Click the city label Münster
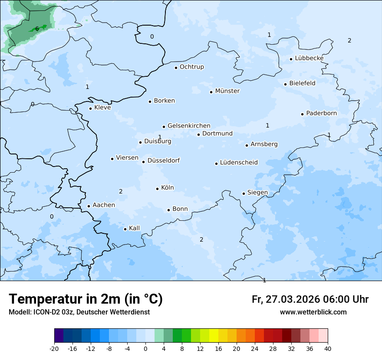click(227, 91)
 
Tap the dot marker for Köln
click(158, 189)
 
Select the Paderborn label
click(321, 113)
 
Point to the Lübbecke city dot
click(291, 59)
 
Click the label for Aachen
click(104, 205)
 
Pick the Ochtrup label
click(191, 67)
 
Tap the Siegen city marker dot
click(244, 193)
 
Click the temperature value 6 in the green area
click(37, 29)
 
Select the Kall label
click(134, 228)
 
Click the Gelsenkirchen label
click(189, 126)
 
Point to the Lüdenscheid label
click(239, 163)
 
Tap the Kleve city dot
click(91, 108)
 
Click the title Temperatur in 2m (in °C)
click(86, 299)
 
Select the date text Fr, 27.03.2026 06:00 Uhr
click(310, 299)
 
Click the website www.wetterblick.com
click(313, 312)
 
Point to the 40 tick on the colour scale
click(327, 348)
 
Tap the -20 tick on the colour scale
click(54, 348)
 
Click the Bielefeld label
click(302, 83)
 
